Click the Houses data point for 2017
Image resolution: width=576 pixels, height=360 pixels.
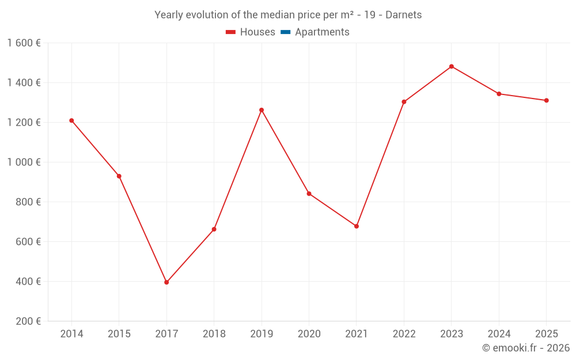[166, 282]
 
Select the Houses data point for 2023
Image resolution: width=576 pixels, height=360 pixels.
[452, 66]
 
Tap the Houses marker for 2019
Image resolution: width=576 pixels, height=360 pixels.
[262, 110]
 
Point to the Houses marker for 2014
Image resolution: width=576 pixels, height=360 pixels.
[71, 120]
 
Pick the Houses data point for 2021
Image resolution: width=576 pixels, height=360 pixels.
[357, 226]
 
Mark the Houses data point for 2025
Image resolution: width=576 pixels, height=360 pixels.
[547, 100]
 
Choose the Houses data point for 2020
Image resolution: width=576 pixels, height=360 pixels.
[309, 194]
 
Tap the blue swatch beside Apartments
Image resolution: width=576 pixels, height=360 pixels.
[286, 32]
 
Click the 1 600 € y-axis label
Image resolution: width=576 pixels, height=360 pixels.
[24, 43]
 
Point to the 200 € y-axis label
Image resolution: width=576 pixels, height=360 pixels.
[29, 321]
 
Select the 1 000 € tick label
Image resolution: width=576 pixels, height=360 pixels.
[24, 162]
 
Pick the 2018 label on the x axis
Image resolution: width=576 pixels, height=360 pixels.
[214, 334]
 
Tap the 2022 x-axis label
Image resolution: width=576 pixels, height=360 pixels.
[404, 334]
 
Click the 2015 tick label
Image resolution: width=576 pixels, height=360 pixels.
[119, 334]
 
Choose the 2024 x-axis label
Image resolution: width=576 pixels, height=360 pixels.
[499, 334]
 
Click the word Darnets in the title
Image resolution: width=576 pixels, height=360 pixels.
[403, 15]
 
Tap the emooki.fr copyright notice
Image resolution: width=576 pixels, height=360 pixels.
[526, 348]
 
